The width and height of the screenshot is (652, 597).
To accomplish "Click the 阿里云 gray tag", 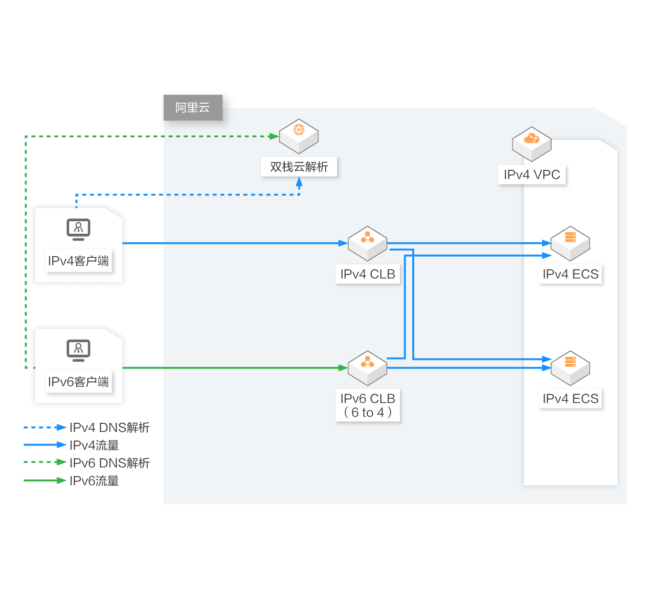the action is (x=193, y=107).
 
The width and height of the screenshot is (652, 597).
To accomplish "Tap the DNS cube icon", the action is (x=299, y=136).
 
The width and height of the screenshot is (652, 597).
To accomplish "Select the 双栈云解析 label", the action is (x=299, y=167).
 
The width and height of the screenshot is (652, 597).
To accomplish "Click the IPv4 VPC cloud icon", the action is (x=531, y=144).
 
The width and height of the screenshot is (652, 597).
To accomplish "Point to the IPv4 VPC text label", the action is (x=532, y=175).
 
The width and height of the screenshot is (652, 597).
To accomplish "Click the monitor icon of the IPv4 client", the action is (x=78, y=229).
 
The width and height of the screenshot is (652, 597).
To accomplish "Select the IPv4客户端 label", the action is (x=78, y=261).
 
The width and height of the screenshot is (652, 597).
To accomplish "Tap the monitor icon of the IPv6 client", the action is (x=78, y=350).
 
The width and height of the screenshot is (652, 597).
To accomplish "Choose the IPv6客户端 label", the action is (x=78, y=382).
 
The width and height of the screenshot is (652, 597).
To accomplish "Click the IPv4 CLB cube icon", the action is (x=367, y=243).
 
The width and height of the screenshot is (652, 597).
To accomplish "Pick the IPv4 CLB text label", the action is (x=368, y=274).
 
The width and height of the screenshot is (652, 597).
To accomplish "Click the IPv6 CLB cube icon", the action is (x=367, y=368).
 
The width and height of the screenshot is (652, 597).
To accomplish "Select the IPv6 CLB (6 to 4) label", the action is (x=368, y=405).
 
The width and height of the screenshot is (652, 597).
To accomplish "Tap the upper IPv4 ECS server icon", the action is (x=570, y=243).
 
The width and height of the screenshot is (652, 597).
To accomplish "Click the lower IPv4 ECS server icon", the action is (x=570, y=368).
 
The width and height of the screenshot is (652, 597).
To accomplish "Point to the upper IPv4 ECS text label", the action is (x=570, y=274).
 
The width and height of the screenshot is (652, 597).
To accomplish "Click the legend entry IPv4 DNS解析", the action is (x=86, y=428).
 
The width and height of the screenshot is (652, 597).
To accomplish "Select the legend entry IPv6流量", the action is (x=71, y=480).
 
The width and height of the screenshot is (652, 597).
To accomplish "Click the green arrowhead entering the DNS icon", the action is (x=274, y=136).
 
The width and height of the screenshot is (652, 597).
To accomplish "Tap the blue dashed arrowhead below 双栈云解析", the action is (x=299, y=182).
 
